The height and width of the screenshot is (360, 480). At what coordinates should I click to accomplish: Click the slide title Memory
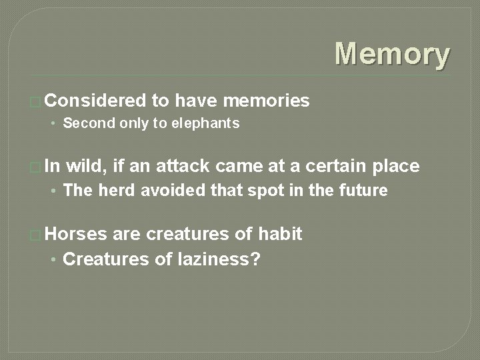click(x=392, y=54)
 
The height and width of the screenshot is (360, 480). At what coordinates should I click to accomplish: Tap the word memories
click(x=267, y=101)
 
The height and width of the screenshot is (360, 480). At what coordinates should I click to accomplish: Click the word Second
click(x=85, y=123)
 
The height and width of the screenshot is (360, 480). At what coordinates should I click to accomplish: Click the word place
click(x=395, y=166)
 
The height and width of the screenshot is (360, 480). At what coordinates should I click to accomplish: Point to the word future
click(x=364, y=191)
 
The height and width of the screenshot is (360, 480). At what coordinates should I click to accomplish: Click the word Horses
click(x=77, y=234)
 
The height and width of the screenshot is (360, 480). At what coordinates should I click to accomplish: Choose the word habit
click(x=280, y=234)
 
